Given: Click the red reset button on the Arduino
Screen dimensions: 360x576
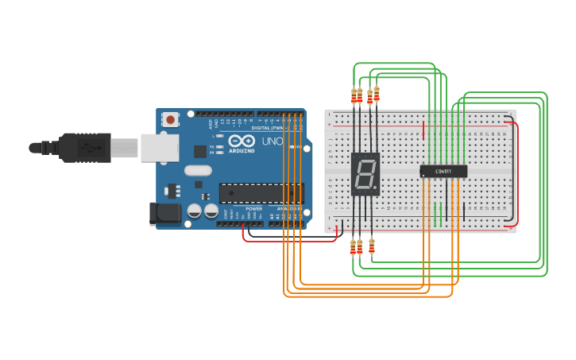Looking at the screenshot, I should [x=171, y=120].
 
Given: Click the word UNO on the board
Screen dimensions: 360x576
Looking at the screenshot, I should [x=273, y=141].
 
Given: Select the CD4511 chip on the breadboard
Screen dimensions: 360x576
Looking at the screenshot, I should [x=443, y=171].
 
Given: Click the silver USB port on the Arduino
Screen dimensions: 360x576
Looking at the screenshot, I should [x=159, y=147].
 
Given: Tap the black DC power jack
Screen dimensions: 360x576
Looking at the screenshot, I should [x=164, y=212].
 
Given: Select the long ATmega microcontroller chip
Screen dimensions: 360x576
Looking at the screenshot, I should [x=261, y=193].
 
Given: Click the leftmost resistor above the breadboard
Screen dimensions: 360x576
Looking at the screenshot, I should [x=354, y=96].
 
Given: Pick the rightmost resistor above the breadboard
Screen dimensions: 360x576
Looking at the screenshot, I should [x=377, y=94].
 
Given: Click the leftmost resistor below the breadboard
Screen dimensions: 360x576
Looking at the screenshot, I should [x=353, y=247].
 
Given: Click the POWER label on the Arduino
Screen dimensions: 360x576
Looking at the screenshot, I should [x=253, y=209].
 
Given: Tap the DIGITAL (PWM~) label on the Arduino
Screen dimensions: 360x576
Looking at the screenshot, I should [x=268, y=127].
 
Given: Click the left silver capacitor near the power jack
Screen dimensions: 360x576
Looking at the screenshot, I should [x=194, y=211].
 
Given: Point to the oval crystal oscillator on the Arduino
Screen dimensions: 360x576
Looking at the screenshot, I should [x=198, y=170].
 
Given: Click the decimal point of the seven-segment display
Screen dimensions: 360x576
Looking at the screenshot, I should [x=377, y=190].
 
